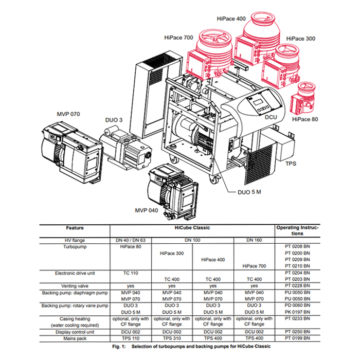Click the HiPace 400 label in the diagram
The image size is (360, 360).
(x=232, y=19)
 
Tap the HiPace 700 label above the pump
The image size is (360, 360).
(x=178, y=38)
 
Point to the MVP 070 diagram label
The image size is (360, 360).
(x=68, y=114)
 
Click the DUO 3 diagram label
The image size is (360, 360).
(x=114, y=120)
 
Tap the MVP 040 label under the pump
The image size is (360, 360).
(x=148, y=211)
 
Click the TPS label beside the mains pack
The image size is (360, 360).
(x=292, y=164)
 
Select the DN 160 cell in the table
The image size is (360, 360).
(x=254, y=240)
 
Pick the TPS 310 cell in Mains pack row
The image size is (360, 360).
(x=172, y=338)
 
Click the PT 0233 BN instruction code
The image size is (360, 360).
(x=297, y=318)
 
